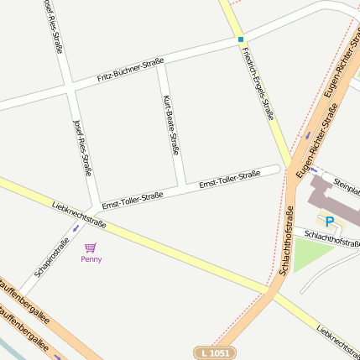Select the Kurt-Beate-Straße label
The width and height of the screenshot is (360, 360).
click(x=171, y=126)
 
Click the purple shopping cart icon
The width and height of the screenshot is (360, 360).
click(x=91, y=248)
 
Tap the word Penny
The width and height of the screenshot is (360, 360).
click(x=91, y=259)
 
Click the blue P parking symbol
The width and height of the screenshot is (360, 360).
click(x=330, y=222)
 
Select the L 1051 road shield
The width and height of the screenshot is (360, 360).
click(x=216, y=353)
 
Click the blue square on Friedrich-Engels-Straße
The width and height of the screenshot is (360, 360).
click(x=241, y=39)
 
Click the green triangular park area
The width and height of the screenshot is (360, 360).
click(x=310, y=253)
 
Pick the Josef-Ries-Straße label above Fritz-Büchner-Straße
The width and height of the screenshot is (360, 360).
click(x=52, y=25)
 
